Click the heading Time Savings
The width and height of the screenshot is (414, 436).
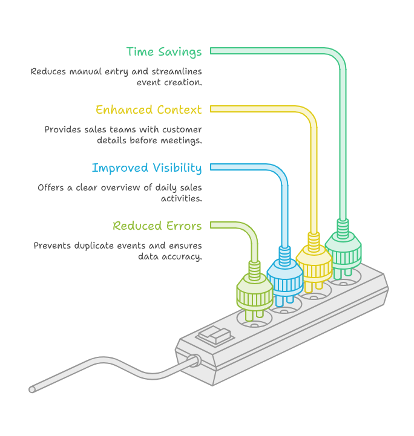click(x=164, y=52)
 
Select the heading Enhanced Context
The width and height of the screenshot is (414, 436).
click(x=148, y=109)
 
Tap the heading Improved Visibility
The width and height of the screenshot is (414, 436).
click(x=146, y=168)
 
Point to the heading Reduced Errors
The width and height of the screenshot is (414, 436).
click(x=157, y=226)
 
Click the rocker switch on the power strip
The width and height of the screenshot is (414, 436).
click(x=215, y=336)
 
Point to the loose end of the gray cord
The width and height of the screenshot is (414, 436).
click(x=32, y=389)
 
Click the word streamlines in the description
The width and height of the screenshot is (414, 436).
click(x=177, y=71)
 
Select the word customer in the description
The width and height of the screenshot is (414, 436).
click(x=182, y=130)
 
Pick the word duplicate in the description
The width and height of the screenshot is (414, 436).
click(x=94, y=246)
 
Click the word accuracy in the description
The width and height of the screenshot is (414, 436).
click(x=182, y=257)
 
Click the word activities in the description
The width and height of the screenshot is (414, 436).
click(x=182, y=198)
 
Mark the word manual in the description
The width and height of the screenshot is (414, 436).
click(x=85, y=72)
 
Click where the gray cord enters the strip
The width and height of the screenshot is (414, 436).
click(x=195, y=360)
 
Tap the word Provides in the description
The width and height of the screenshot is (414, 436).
click(x=62, y=130)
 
